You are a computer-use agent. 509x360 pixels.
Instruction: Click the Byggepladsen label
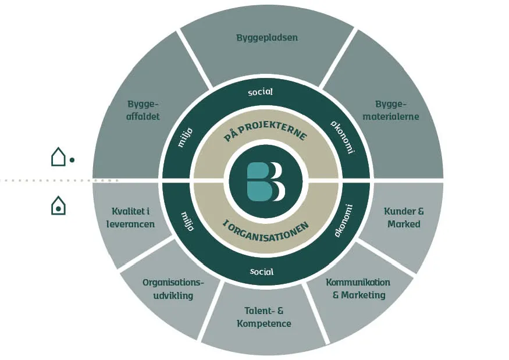(267, 38)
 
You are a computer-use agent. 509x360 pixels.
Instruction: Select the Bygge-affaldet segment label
(143, 110)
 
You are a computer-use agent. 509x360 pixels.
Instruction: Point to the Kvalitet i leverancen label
(133, 217)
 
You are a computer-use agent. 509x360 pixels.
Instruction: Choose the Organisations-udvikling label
(173, 289)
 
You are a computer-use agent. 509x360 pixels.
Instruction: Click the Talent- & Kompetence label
(264, 318)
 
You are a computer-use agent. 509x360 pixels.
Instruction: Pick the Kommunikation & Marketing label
(358, 288)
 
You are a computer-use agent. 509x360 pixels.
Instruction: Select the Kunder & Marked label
(404, 217)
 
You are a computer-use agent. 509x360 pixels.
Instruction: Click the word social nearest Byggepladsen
(261, 92)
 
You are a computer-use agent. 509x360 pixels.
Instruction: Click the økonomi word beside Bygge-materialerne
(342, 137)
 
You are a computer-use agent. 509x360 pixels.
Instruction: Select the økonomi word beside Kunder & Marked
(344, 221)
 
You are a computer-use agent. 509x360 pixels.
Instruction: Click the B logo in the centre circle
(266, 181)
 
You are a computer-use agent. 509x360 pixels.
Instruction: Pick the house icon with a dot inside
(58, 205)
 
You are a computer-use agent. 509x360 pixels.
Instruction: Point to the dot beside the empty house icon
(72, 159)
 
